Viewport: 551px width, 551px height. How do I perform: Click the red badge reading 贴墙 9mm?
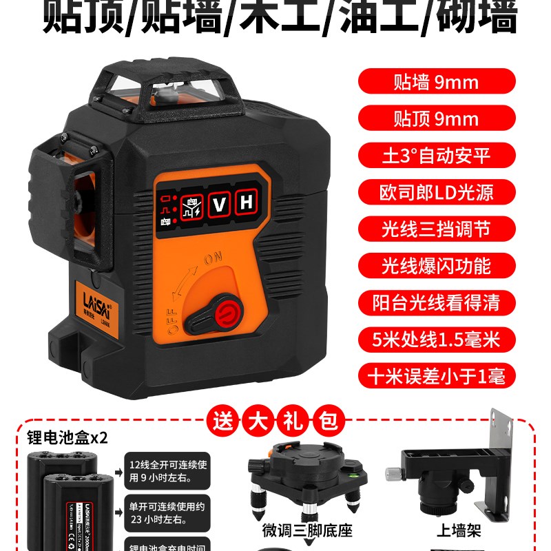tap(436, 83)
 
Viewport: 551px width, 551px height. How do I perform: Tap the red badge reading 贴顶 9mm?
tap(436, 118)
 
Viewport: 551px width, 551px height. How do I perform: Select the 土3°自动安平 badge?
tap(436, 155)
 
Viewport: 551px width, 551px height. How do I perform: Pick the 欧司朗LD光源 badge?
tap(436, 191)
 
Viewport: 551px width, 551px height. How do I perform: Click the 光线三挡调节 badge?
tap(436, 229)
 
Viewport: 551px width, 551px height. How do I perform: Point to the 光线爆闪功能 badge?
tap(436, 265)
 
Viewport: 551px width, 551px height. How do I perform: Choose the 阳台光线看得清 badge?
tap(436, 302)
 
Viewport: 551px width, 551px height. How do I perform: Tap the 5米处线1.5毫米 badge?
tap(436, 339)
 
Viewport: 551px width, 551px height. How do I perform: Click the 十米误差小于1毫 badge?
tap(436, 376)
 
